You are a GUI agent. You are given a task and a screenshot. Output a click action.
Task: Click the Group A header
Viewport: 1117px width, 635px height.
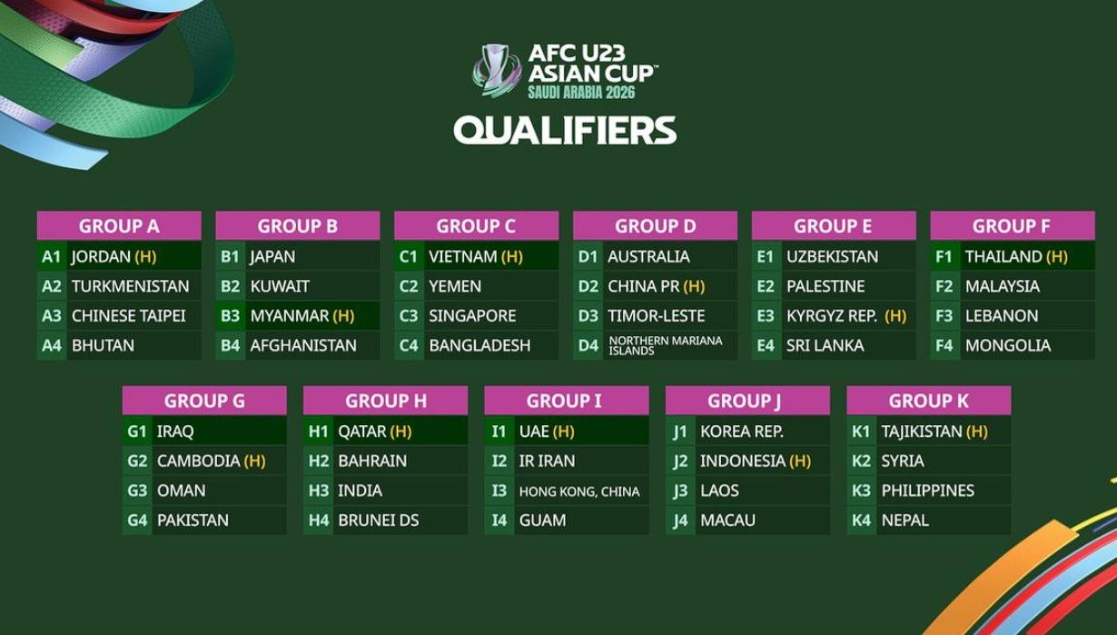coord(119,226)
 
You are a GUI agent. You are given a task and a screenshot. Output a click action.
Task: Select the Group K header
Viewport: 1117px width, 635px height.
coord(928,401)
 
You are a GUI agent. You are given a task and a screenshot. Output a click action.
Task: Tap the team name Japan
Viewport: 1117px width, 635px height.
coord(272,256)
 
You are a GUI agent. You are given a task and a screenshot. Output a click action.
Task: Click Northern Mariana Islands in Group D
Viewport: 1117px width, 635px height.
coord(665,345)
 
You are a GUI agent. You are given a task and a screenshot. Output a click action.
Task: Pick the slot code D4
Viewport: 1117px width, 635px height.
coord(588,345)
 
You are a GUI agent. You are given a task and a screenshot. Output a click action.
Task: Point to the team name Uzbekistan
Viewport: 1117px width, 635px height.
coord(832,256)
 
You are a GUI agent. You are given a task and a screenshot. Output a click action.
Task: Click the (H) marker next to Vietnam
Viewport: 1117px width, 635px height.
coord(511,256)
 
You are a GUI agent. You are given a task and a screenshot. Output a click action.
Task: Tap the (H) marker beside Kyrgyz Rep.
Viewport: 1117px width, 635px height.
coord(895,315)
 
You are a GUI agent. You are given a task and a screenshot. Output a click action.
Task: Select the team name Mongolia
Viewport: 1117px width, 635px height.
coord(1007,345)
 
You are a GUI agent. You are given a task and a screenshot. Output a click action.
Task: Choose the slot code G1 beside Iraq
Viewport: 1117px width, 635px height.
coord(137,431)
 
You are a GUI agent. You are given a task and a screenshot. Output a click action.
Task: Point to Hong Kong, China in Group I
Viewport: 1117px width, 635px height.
coord(578,491)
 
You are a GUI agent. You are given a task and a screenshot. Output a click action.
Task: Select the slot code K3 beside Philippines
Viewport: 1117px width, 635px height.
coord(861,491)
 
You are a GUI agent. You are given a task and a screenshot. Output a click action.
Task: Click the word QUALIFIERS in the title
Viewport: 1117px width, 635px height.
coord(565,130)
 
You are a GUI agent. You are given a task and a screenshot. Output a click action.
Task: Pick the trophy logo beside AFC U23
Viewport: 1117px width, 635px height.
coord(496,70)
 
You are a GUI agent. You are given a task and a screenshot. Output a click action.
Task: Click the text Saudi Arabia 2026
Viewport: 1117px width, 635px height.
coord(581,93)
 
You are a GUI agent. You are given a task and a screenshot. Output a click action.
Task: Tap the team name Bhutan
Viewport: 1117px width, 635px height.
coord(103,345)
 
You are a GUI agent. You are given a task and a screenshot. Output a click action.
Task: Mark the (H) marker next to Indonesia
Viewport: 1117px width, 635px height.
coord(799,461)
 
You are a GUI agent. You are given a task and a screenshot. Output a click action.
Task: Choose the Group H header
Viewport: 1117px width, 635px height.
coord(385,401)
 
